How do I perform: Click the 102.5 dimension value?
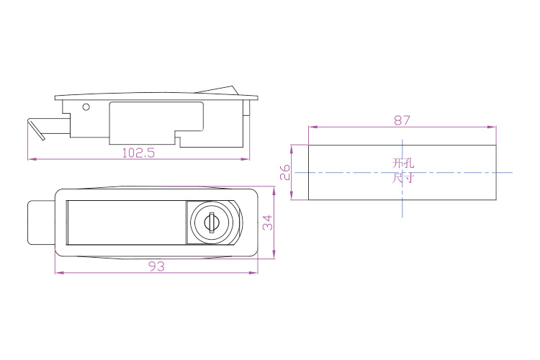pyautogui.click(x=138, y=153)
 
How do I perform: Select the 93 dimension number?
pyautogui.click(x=156, y=266)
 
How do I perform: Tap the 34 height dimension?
pyautogui.click(x=268, y=222)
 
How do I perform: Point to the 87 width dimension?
pyautogui.click(x=402, y=120)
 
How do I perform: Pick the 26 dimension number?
pyautogui.click(x=285, y=172)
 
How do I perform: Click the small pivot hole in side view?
pyautogui.click(x=86, y=107)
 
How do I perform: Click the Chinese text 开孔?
pyautogui.click(x=403, y=163)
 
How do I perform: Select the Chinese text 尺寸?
pyautogui.click(x=403, y=178)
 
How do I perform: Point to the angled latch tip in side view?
pyautogui.click(x=36, y=130)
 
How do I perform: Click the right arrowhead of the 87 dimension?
pyautogui.click(x=492, y=127)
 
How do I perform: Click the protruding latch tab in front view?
pyautogui.click(x=41, y=222)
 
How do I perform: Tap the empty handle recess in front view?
pyautogui.click(x=127, y=222)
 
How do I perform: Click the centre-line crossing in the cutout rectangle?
pyautogui.click(x=402, y=172)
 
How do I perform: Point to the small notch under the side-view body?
pyautogui.click(x=177, y=141)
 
